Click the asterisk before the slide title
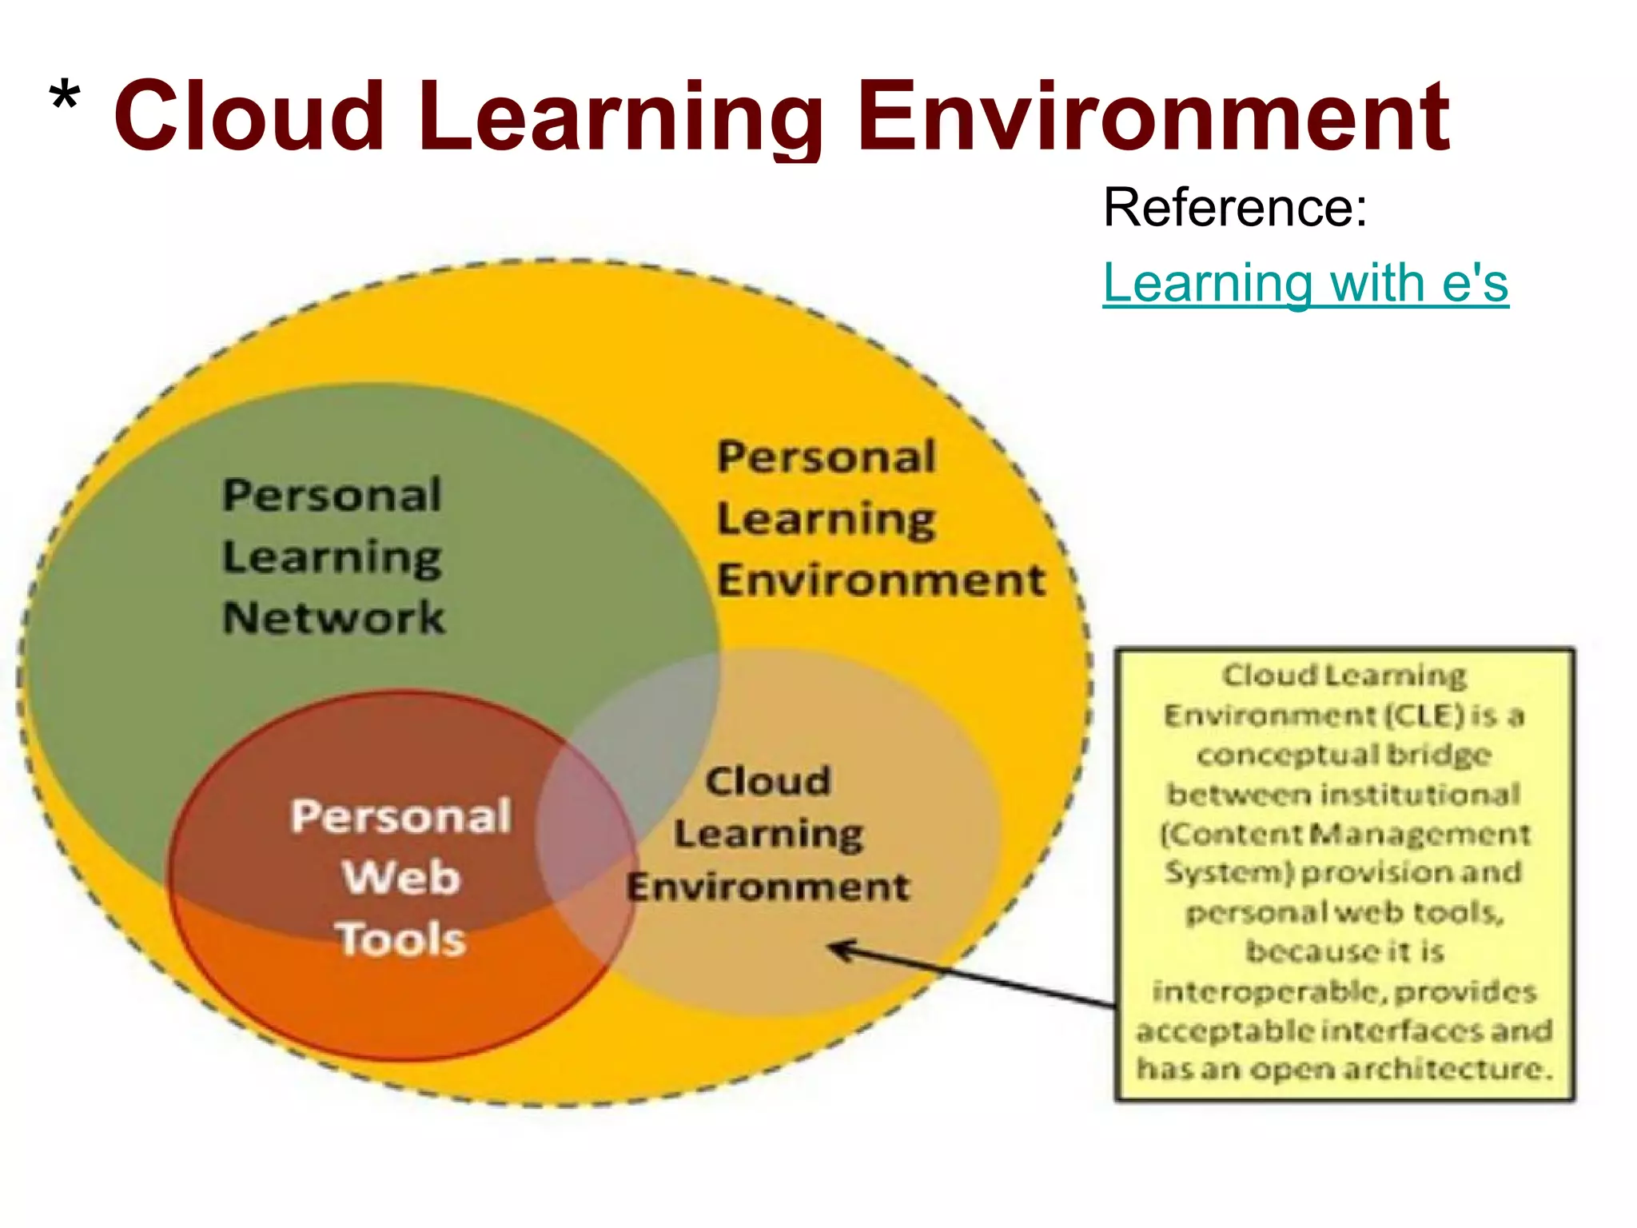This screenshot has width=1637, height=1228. tap(64, 100)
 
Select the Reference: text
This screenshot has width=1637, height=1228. tap(1235, 208)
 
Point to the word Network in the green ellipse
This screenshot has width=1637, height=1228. tap(333, 618)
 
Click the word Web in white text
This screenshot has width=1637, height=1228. tap(401, 877)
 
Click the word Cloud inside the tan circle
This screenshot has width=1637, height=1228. tap(768, 781)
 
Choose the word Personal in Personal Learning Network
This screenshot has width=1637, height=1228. tap(332, 495)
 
